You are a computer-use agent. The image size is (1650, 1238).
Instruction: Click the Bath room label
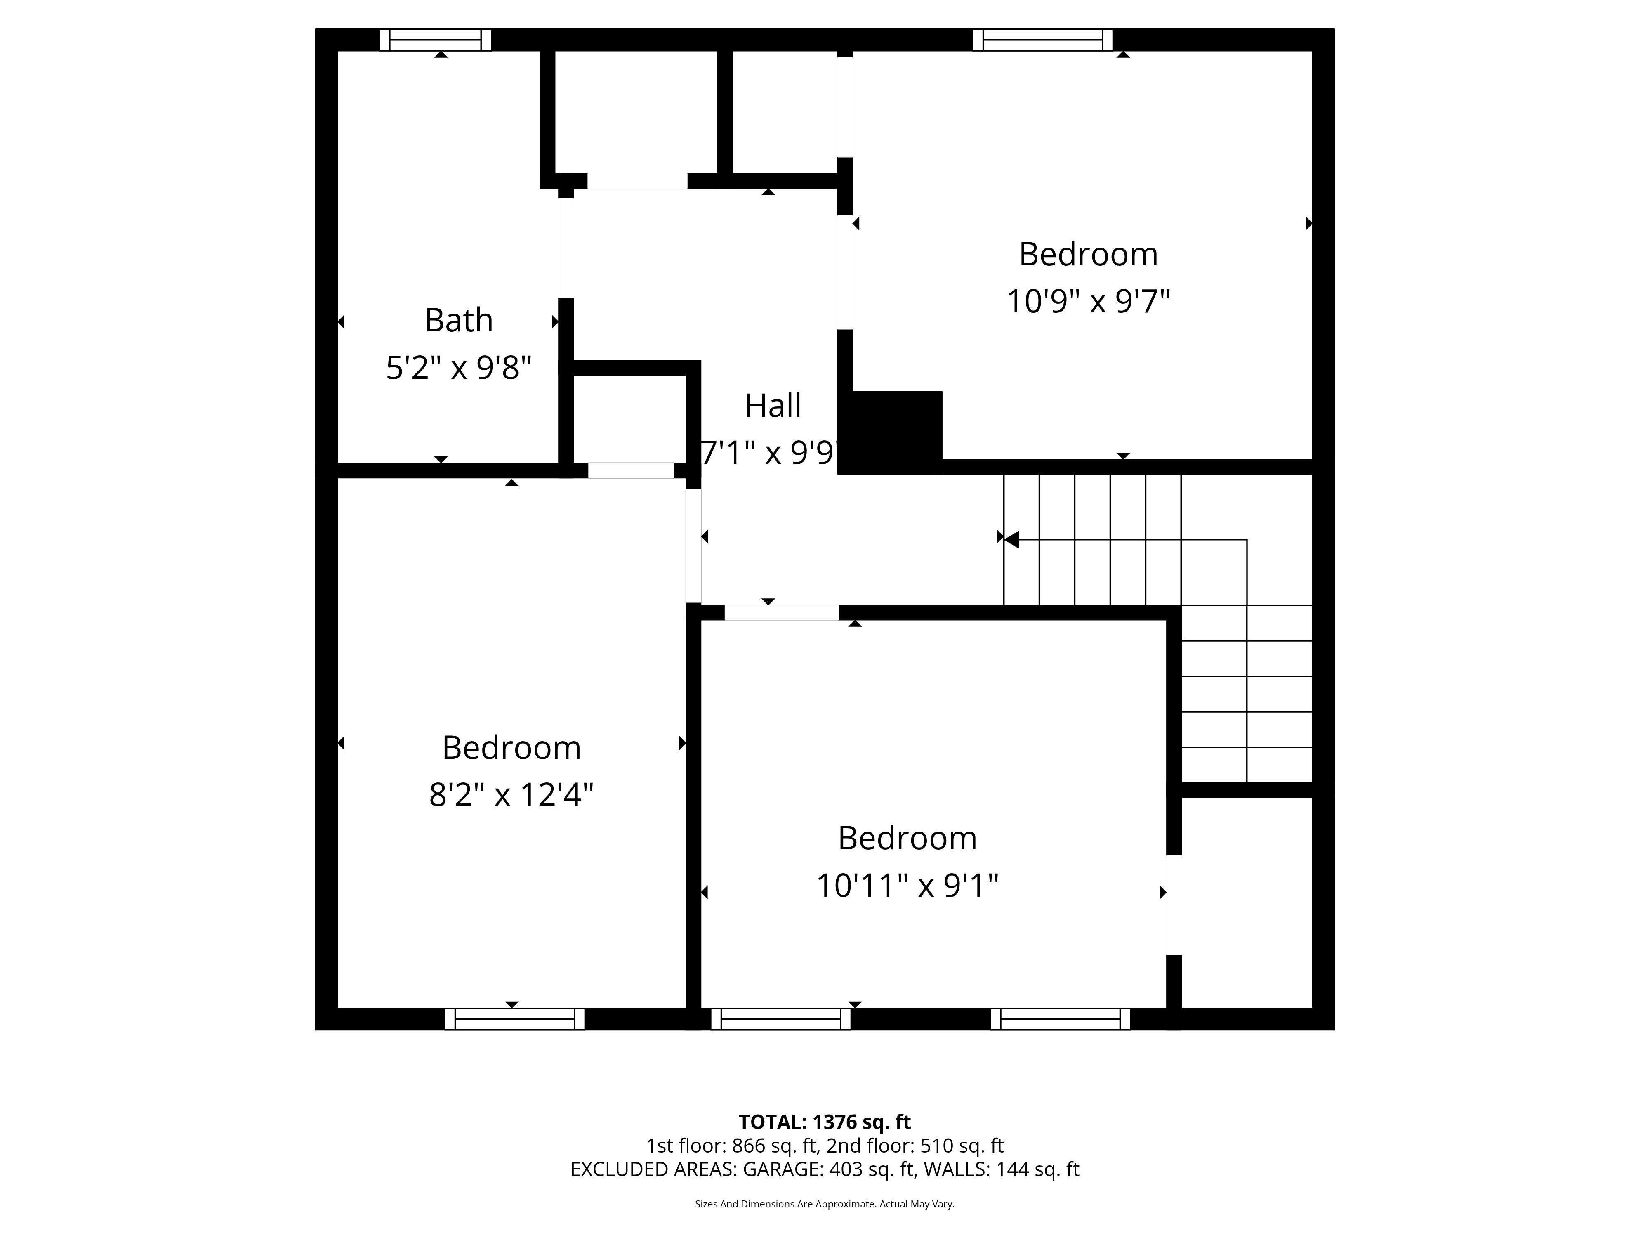pyautogui.click(x=459, y=320)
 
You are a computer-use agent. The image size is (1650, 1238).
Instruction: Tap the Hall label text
pyautogui.click(x=773, y=406)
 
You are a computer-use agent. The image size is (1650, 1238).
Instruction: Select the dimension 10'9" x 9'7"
pyautogui.click(x=1088, y=302)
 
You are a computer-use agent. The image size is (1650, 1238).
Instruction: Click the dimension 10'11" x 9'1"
pyautogui.click(x=907, y=886)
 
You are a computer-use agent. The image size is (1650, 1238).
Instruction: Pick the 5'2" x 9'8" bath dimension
pyautogui.click(x=459, y=368)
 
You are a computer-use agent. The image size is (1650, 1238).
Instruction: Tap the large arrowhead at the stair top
pyautogui.click(x=1011, y=539)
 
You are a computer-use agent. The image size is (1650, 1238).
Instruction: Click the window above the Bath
pyautogui.click(x=436, y=40)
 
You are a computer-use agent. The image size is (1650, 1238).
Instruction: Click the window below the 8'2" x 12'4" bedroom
pyautogui.click(x=515, y=1018)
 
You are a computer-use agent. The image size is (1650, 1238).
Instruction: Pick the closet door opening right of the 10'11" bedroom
pyautogui.click(x=1173, y=905)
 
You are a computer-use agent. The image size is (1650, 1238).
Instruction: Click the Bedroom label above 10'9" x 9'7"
pyautogui.click(x=1088, y=255)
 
